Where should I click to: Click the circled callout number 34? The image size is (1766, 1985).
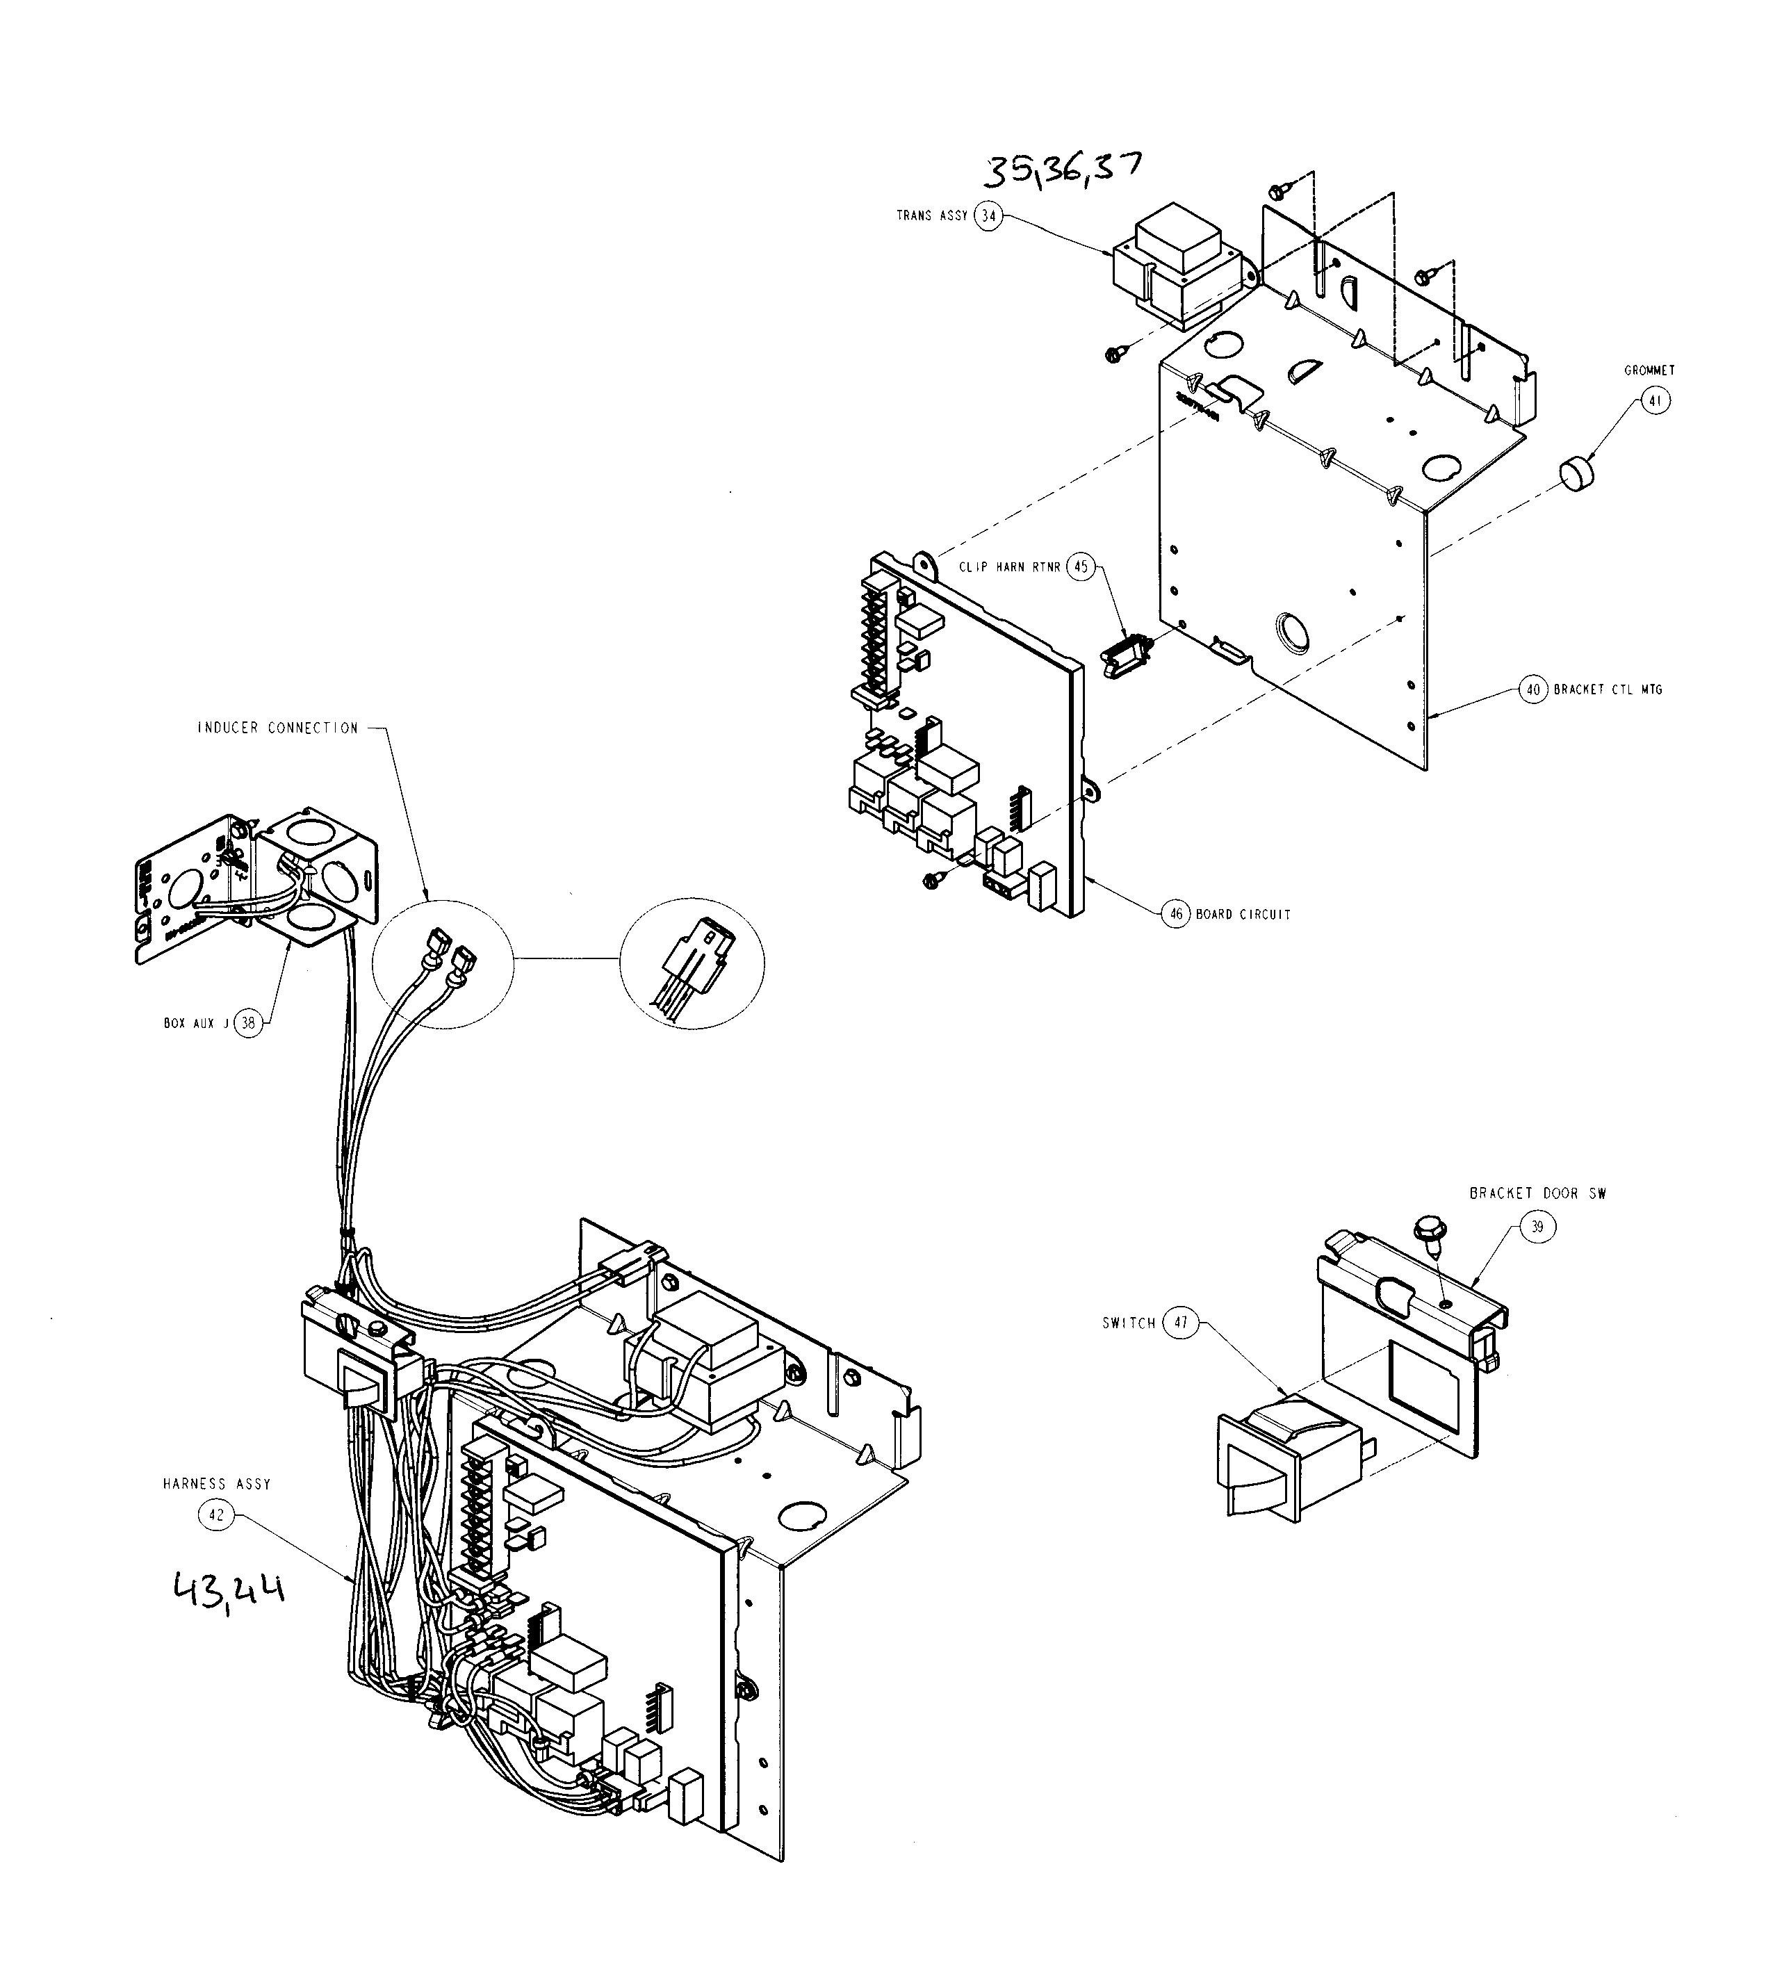point(988,215)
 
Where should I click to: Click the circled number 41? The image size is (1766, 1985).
point(1656,400)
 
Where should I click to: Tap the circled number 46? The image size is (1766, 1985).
point(1176,914)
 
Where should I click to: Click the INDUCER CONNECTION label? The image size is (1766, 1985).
point(278,728)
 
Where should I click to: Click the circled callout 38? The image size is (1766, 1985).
point(250,1022)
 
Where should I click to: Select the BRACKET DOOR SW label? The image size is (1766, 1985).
point(1537,1193)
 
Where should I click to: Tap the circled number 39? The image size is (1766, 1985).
point(1537,1227)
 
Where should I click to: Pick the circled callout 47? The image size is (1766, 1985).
point(1181,1323)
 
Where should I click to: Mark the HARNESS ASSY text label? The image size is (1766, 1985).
point(217,1484)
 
